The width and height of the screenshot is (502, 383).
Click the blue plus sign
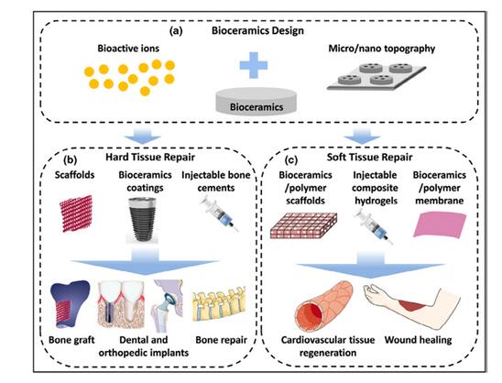[253, 65]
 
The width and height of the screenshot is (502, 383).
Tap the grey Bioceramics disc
[256, 101]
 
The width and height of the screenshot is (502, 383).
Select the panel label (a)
[176, 31]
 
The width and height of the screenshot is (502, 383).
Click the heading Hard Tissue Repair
[150, 158]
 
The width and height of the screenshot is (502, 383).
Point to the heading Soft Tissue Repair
[369, 158]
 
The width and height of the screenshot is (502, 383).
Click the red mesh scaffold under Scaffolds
[77, 213]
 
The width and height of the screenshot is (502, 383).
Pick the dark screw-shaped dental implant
[142, 219]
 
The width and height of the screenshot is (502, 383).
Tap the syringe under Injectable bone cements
[219, 213]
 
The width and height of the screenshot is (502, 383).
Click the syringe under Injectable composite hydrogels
[374, 226]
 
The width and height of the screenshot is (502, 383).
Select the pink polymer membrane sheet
[440, 224]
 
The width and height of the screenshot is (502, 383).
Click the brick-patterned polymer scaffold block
[303, 225]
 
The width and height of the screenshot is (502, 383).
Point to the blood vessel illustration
[324, 307]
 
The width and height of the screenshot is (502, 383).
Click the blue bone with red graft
[69, 304]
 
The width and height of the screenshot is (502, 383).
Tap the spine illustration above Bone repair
[219, 303]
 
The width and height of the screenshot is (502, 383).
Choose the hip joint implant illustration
[168, 305]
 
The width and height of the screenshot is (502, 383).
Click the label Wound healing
[418, 340]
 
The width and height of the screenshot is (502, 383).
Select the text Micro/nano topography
[382, 49]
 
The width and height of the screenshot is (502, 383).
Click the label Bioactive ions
[128, 49]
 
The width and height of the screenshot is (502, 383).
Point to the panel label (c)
[291, 159]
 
